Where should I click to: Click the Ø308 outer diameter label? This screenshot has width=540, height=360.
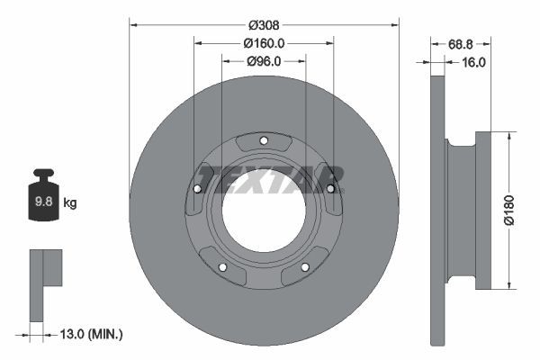(x=264, y=24)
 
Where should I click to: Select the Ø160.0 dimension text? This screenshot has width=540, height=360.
(x=264, y=42)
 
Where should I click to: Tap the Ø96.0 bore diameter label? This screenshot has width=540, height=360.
(x=264, y=61)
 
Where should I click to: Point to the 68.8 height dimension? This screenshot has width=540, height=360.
(x=461, y=42)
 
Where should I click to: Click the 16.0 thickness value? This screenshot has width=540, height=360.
(x=473, y=62)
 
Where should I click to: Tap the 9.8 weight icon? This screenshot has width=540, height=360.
(x=43, y=200)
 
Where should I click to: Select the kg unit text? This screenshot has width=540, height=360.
(x=70, y=203)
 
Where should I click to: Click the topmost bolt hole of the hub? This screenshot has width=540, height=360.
(x=264, y=139)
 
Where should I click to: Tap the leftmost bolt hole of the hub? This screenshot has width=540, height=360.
(x=197, y=188)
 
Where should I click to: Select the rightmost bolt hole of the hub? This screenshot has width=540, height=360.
(x=330, y=188)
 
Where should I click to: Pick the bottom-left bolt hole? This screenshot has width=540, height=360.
(x=222, y=266)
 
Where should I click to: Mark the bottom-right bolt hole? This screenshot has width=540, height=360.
(x=305, y=266)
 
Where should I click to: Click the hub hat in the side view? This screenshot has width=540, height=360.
(x=482, y=211)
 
